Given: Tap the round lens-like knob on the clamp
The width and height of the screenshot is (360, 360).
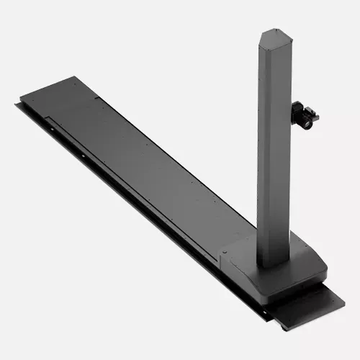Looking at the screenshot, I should [x=308, y=122].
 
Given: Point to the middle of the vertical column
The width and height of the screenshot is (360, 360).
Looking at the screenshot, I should [x=274, y=144].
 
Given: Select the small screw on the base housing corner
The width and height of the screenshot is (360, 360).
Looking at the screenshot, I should [x=225, y=252].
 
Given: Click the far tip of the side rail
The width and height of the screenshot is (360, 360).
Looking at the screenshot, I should [x=16, y=105].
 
